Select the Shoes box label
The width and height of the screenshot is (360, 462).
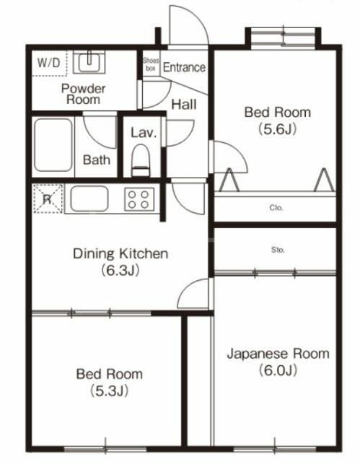tap(150, 64)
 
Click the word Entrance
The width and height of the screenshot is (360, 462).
tap(184, 68)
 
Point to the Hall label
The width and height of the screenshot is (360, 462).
tap(184, 104)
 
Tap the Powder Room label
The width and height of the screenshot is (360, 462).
tap(83, 94)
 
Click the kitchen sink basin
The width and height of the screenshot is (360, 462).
tap(89, 198)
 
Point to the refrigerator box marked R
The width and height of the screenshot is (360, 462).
tap(47, 199)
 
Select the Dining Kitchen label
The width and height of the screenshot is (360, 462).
tap(120, 253)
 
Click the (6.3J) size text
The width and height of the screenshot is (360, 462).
tap(120, 271)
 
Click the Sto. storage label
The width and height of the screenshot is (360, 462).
tap(278, 250)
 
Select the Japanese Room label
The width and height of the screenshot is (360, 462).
tap(278, 354)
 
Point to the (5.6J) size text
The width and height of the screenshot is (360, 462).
tap(278, 130)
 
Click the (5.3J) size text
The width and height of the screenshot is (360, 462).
tap(109, 391)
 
